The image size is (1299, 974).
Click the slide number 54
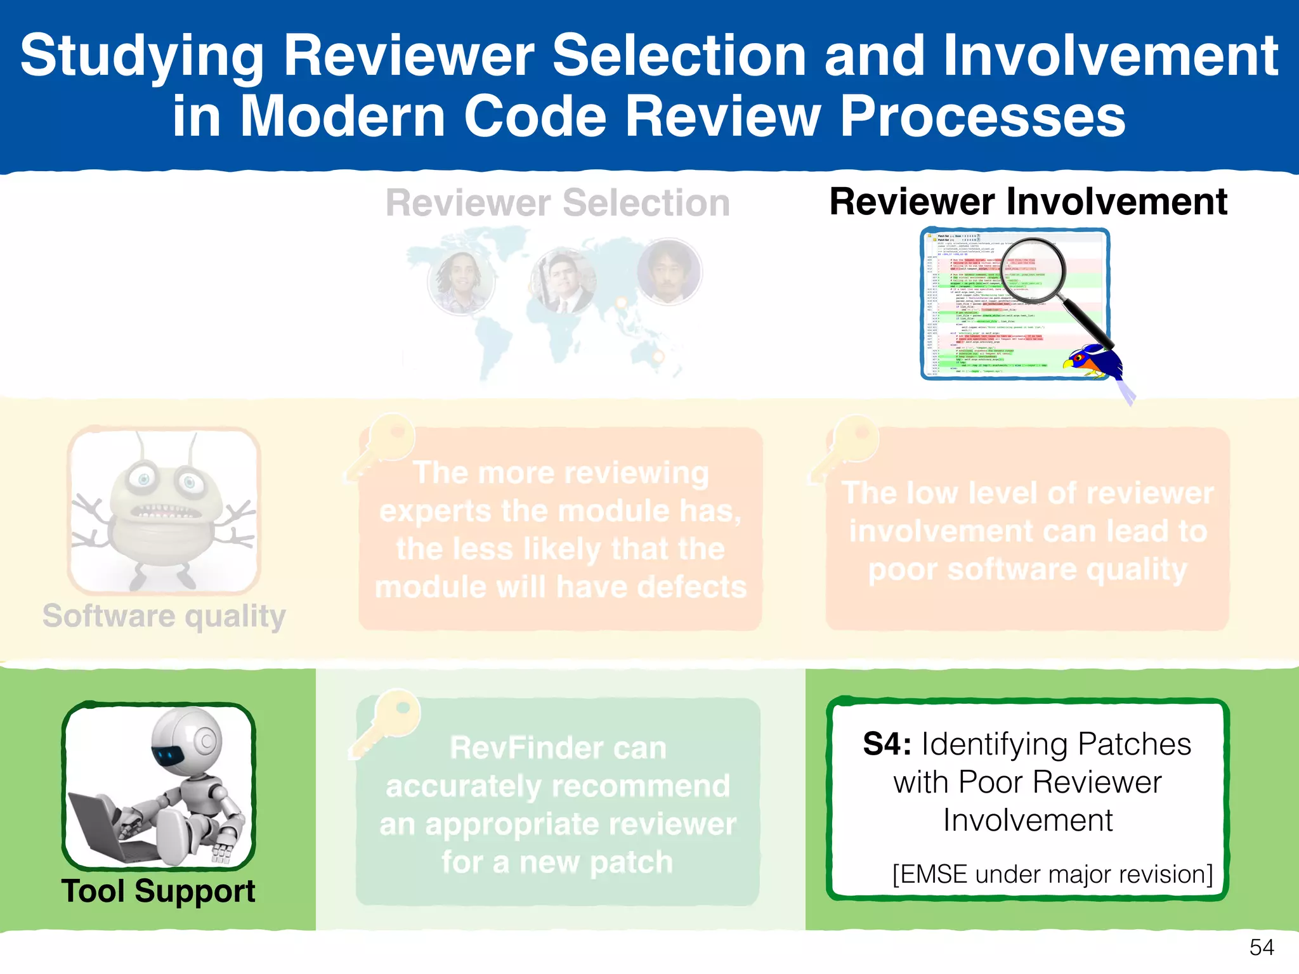[x=1261, y=947]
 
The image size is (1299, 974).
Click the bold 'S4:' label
[x=887, y=744]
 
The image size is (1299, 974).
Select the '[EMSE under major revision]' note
[x=1052, y=874]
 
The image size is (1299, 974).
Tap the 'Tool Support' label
[x=158, y=891]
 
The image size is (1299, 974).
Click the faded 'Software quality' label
[x=164, y=616]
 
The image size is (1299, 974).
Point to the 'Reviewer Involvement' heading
[x=1028, y=202]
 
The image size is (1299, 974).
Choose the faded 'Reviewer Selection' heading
[x=558, y=204]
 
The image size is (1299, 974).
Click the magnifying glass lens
[x=1035, y=269]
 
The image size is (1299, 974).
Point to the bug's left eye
[x=144, y=479]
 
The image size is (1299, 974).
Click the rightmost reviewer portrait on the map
[x=669, y=271]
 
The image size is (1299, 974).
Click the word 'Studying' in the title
[x=141, y=56]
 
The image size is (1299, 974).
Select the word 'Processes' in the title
[x=982, y=117]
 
